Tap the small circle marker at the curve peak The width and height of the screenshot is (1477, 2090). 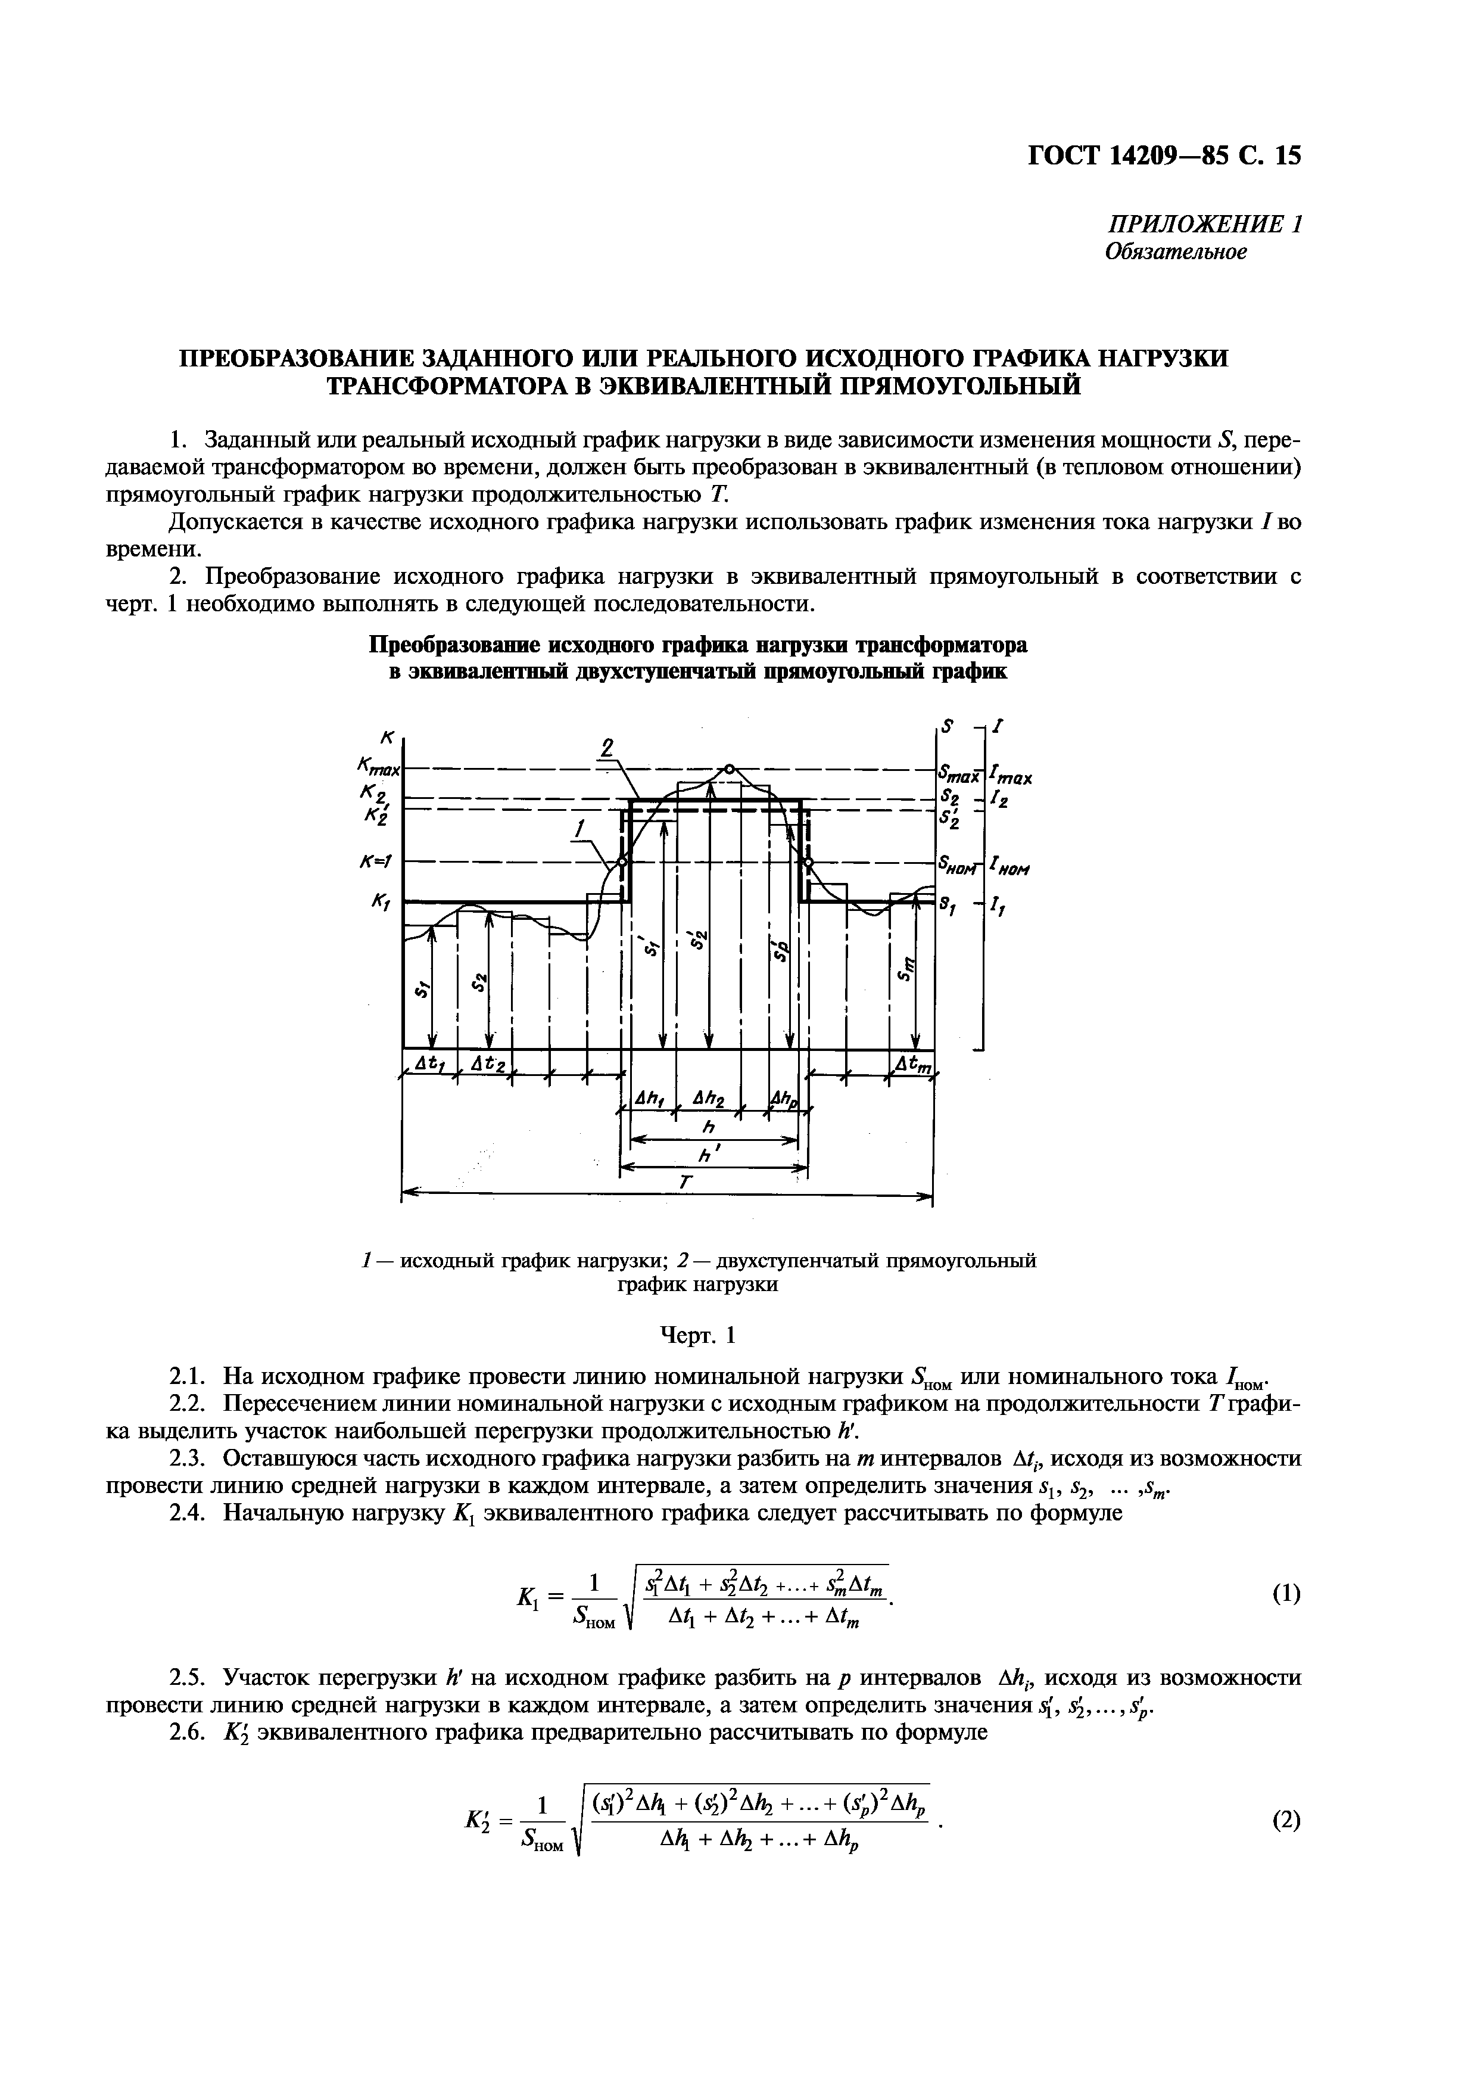729,767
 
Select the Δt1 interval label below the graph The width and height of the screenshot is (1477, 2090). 426,1063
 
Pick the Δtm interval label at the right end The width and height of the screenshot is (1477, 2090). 913,1063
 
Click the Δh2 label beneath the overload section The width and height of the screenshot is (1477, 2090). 706,1100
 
